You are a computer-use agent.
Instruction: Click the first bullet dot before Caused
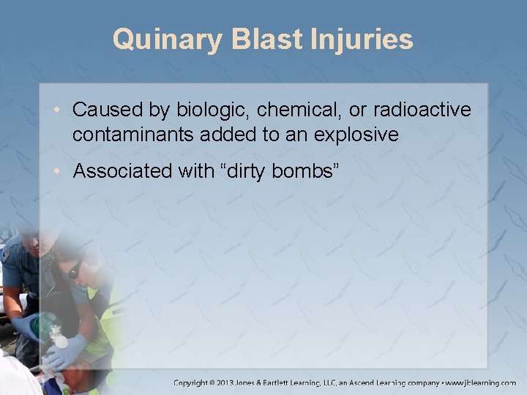(62, 110)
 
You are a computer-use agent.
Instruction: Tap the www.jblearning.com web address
(480, 383)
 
